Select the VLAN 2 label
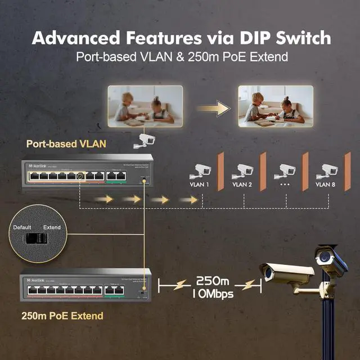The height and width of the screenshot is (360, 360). [x=242, y=184]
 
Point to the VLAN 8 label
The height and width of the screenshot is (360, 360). [x=326, y=184]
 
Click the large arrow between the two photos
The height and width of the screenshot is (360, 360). [x=215, y=106]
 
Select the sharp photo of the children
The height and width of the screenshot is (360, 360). [x=275, y=106]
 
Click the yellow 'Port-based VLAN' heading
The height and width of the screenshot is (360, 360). [x=66, y=143]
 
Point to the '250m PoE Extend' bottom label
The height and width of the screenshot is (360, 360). [x=62, y=316]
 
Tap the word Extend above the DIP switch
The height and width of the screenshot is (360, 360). [x=52, y=227]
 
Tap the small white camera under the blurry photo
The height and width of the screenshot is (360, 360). [x=143, y=141]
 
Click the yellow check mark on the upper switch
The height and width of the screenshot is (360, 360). [x=80, y=176]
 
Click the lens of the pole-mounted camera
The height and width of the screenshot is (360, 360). [x=323, y=258]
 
